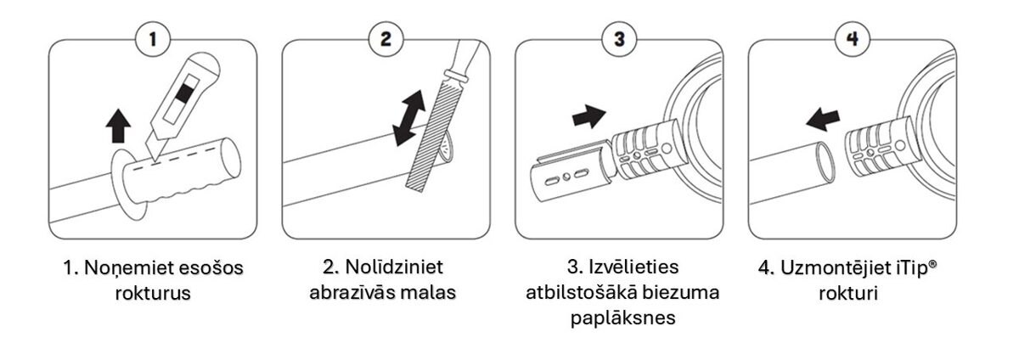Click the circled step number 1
[153, 39]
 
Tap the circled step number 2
[386, 39]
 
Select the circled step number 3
[619, 39]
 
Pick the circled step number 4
[852, 39]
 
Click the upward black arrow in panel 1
[118, 126]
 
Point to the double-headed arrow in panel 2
[408, 118]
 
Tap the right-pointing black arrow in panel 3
[589, 116]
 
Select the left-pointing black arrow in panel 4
[823, 119]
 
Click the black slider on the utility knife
[183, 93]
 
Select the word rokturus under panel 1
[153, 293]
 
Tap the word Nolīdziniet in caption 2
[394, 267]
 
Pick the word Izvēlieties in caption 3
[633, 267]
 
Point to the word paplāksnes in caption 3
[622, 318]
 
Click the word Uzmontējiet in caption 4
[836, 268]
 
